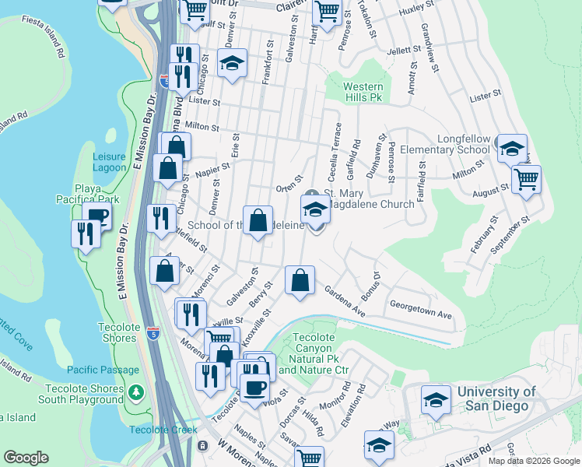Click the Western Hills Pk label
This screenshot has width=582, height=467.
click(363, 93)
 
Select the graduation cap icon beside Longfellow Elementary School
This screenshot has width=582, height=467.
click(512, 148)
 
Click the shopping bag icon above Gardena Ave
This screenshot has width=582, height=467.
click(300, 280)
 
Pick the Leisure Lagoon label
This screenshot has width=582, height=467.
click(109, 161)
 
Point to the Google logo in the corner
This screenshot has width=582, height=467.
click(26, 458)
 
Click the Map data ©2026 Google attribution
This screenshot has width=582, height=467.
click(533, 461)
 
